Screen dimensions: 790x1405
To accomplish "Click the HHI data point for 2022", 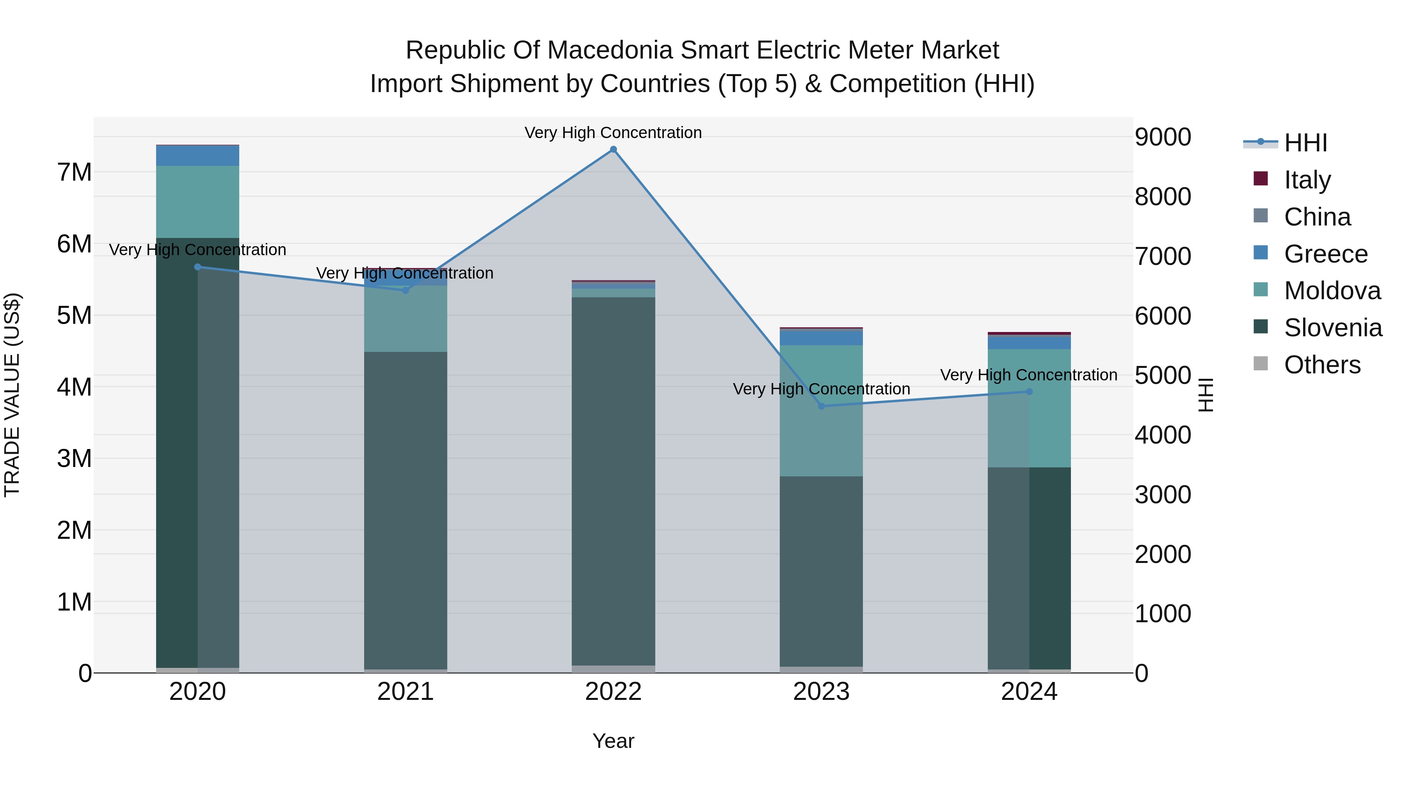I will pos(613,149).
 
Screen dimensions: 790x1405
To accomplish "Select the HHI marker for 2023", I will pos(822,406).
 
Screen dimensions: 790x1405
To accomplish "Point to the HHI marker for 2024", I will pos(1029,391).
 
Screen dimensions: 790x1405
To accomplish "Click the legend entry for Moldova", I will pos(1332,291).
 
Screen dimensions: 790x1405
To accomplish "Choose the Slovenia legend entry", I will pos(1332,328).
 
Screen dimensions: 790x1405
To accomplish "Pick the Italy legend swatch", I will pos(1261,179).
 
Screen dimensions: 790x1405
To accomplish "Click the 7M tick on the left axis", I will pos(74,172).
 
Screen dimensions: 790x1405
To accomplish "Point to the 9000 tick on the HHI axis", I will pos(1163,137).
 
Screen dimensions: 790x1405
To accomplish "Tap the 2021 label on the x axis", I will pos(405,692).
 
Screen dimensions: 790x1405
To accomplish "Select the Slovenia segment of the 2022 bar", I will pos(613,480).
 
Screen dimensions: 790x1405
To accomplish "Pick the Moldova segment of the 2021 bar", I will pos(405,319).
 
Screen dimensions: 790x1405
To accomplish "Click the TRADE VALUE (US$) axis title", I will pos(12,395).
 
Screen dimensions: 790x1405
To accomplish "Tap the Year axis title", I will pos(613,741).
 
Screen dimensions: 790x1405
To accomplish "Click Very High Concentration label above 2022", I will pos(613,133).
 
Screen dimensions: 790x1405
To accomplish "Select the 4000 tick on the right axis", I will pos(1163,435).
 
